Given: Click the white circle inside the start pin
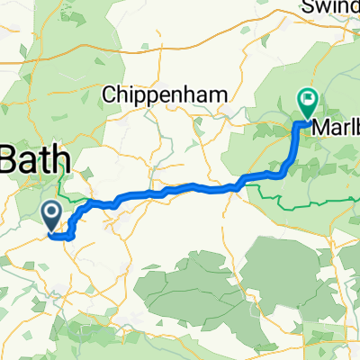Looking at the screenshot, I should tap(51, 212).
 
